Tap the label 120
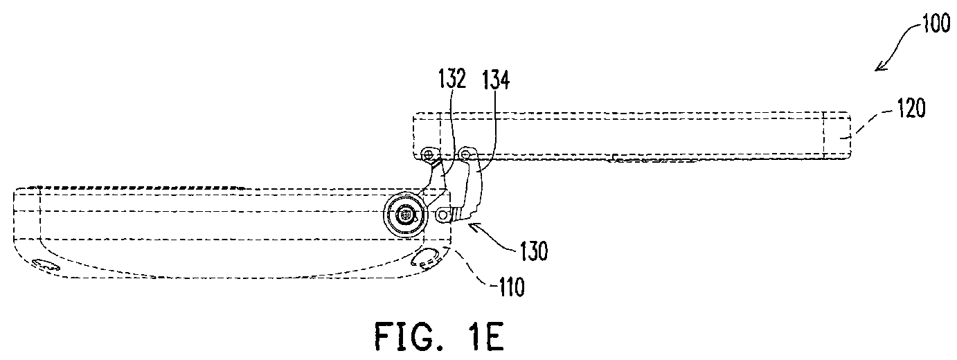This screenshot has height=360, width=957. pos(911,108)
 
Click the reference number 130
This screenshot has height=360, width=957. pos(533,251)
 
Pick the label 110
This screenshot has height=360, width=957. pos(510,287)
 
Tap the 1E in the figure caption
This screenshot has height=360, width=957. pos(485,336)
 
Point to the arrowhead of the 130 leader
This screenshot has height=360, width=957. pos(474,226)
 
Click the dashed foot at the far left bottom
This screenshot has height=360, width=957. pos(46,264)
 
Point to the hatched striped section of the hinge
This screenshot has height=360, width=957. pos(459,213)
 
